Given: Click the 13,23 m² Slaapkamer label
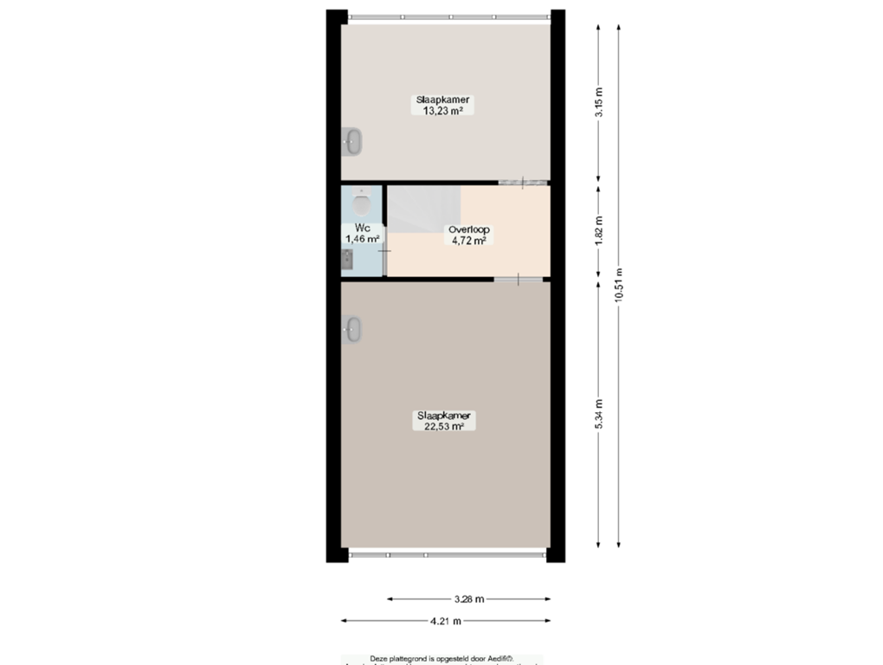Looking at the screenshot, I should click(444, 106).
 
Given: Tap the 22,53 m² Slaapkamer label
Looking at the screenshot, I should click(444, 421).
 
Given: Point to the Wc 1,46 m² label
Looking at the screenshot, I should click(362, 233).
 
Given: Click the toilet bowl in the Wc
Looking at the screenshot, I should click(362, 204).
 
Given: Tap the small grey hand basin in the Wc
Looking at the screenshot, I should click(347, 258).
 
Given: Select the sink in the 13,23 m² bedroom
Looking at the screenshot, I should click(351, 141).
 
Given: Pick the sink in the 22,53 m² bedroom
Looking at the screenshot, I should click(351, 329).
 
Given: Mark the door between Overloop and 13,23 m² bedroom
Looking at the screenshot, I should click(523, 182).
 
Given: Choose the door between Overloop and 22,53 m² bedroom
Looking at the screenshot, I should click(518, 279).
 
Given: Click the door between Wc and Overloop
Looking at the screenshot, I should click(384, 251).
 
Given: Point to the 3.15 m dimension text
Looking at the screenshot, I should click(598, 105).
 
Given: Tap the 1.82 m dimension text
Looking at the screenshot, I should click(598, 231).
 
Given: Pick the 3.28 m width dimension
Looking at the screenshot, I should click(468, 598).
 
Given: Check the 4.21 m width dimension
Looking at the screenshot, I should click(445, 620).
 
